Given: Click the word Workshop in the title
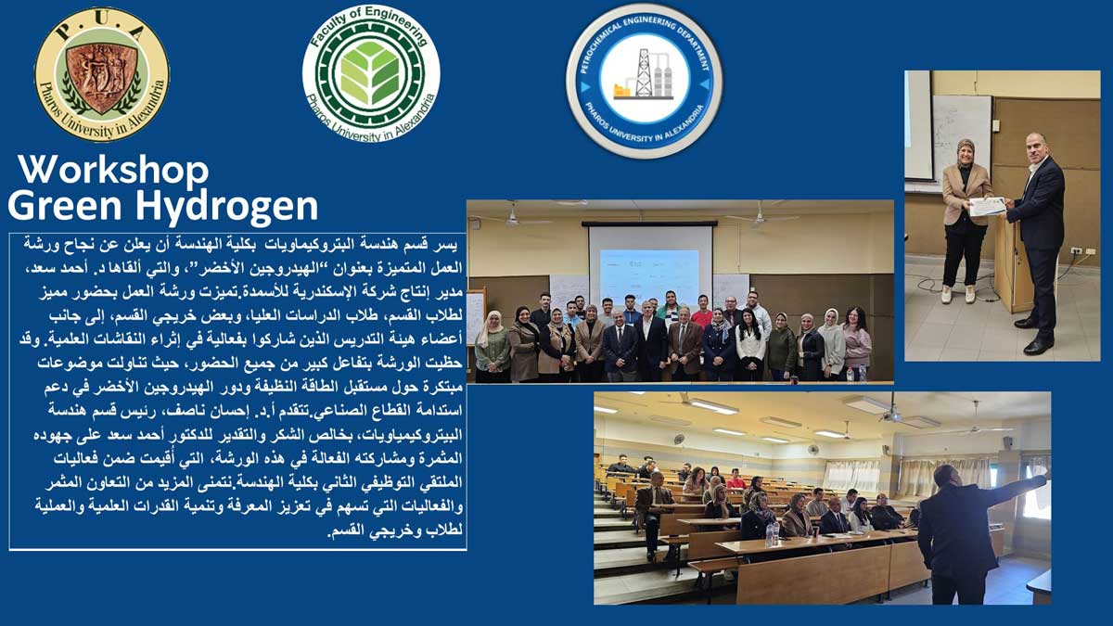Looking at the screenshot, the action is (x=114, y=171).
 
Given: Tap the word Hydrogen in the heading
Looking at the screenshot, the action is (x=227, y=207).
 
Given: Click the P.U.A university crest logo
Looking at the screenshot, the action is (x=102, y=73).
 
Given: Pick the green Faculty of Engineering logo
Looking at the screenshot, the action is (x=371, y=74).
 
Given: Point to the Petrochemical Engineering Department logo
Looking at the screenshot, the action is (x=645, y=81).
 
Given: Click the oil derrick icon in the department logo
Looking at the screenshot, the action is (x=643, y=73).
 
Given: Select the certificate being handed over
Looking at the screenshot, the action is (x=987, y=206).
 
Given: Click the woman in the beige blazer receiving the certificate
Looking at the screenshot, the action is (x=964, y=221).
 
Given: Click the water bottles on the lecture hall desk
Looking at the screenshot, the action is (x=772, y=534).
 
